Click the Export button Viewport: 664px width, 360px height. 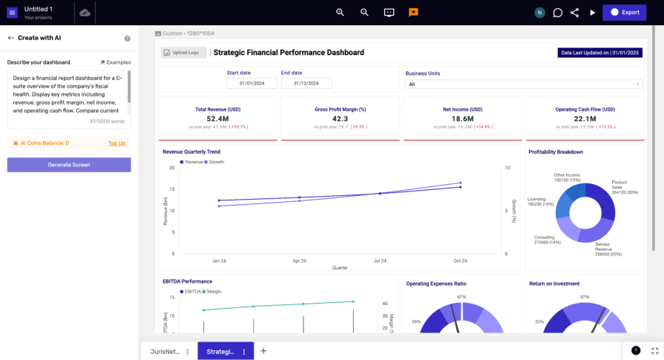[623, 12]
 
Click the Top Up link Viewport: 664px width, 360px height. [116, 143]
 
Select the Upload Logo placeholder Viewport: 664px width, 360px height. [184, 53]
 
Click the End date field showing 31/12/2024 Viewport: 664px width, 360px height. [306, 84]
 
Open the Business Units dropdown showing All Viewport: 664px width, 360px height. [523, 85]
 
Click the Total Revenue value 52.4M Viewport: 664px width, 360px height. [217, 119]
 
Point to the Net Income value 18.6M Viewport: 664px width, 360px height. [462, 119]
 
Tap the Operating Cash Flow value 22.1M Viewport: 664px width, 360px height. [585, 119]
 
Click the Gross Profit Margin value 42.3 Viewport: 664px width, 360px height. [340, 119]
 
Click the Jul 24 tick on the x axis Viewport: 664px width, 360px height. [380, 261]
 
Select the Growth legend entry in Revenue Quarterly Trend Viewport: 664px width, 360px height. [216, 162]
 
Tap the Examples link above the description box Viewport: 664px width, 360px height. [115, 62]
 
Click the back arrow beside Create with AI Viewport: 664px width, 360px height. [10, 38]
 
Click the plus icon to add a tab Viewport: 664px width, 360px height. [263, 351]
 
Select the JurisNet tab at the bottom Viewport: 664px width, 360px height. [165, 352]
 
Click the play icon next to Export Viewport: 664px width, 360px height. [592, 13]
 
